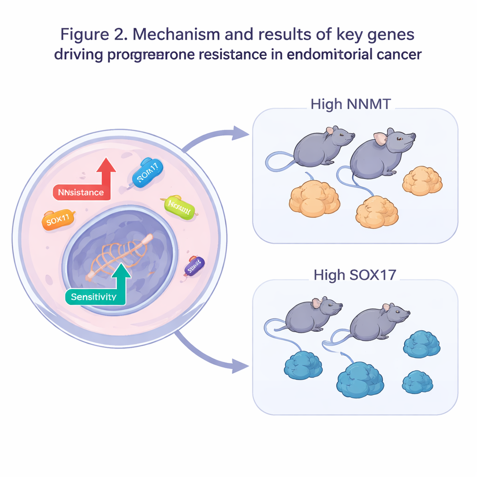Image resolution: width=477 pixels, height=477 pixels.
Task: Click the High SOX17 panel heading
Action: coord(354,274)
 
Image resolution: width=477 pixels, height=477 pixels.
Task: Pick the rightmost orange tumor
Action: coord(422,181)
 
